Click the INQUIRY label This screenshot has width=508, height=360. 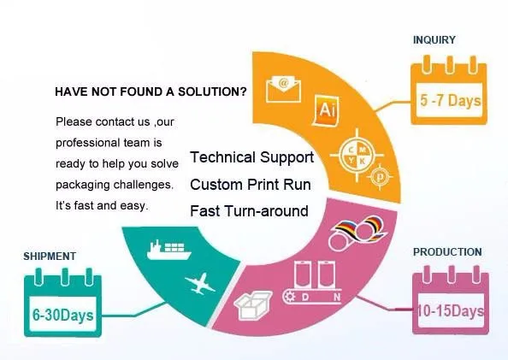click(434, 40)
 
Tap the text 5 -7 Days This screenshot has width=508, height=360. click(451, 100)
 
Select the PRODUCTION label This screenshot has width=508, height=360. click(447, 251)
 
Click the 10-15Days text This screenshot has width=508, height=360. click(451, 310)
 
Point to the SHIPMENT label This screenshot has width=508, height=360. click(50, 256)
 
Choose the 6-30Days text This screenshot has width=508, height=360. click(62, 315)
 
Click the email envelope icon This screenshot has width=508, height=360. click(283, 89)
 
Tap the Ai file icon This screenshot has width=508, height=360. click(326, 110)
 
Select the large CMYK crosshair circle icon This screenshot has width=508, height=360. click(357, 155)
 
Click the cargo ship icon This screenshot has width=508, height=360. click(168, 250)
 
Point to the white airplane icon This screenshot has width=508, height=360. click(200, 284)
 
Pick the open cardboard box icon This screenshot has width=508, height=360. click(252, 305)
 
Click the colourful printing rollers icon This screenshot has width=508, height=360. click(357, 232)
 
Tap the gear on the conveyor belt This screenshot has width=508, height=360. click(289, 297)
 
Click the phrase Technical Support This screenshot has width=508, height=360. click(251, 157)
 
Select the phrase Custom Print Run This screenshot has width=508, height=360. click(251, 185)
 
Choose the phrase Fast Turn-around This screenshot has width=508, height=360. click(249, 211)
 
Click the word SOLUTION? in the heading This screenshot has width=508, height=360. click(212, 91)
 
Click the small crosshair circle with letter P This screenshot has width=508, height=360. click(380, 177)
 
